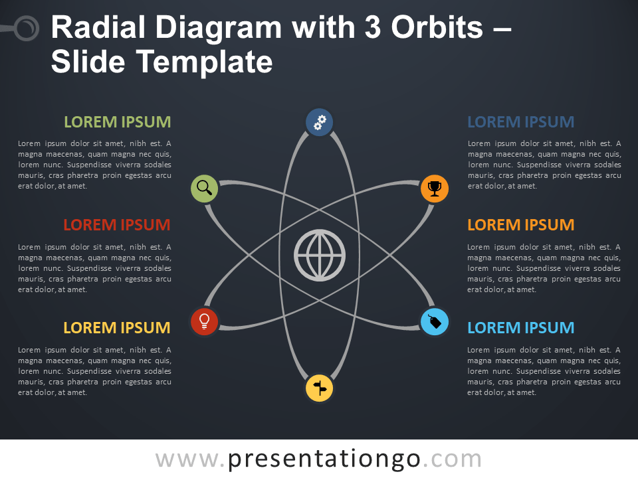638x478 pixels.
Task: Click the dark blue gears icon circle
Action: click(320, 122)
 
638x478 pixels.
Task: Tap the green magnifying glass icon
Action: click(205, 189)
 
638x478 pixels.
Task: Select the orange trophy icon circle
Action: click(435, 189)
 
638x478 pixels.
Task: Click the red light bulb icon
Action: click(205, 321)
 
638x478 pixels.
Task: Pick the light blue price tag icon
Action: click(435, 322)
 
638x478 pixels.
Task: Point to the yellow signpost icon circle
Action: click(320, 388)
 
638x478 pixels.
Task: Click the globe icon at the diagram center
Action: click(320, 255)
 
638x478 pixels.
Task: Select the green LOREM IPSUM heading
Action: click(117, 122)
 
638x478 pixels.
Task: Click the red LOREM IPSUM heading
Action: click(117, 225)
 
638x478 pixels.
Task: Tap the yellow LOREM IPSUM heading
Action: click(117, 328)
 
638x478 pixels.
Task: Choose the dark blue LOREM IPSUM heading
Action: click(521, 122)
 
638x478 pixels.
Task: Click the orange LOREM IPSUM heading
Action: click(521, 225)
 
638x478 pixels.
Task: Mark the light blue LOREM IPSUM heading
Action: click(521, 328)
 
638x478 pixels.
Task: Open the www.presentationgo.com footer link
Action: click(319, 459)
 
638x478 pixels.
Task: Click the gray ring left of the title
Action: click(27, 29)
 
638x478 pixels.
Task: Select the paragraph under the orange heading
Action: click(544, 268)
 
